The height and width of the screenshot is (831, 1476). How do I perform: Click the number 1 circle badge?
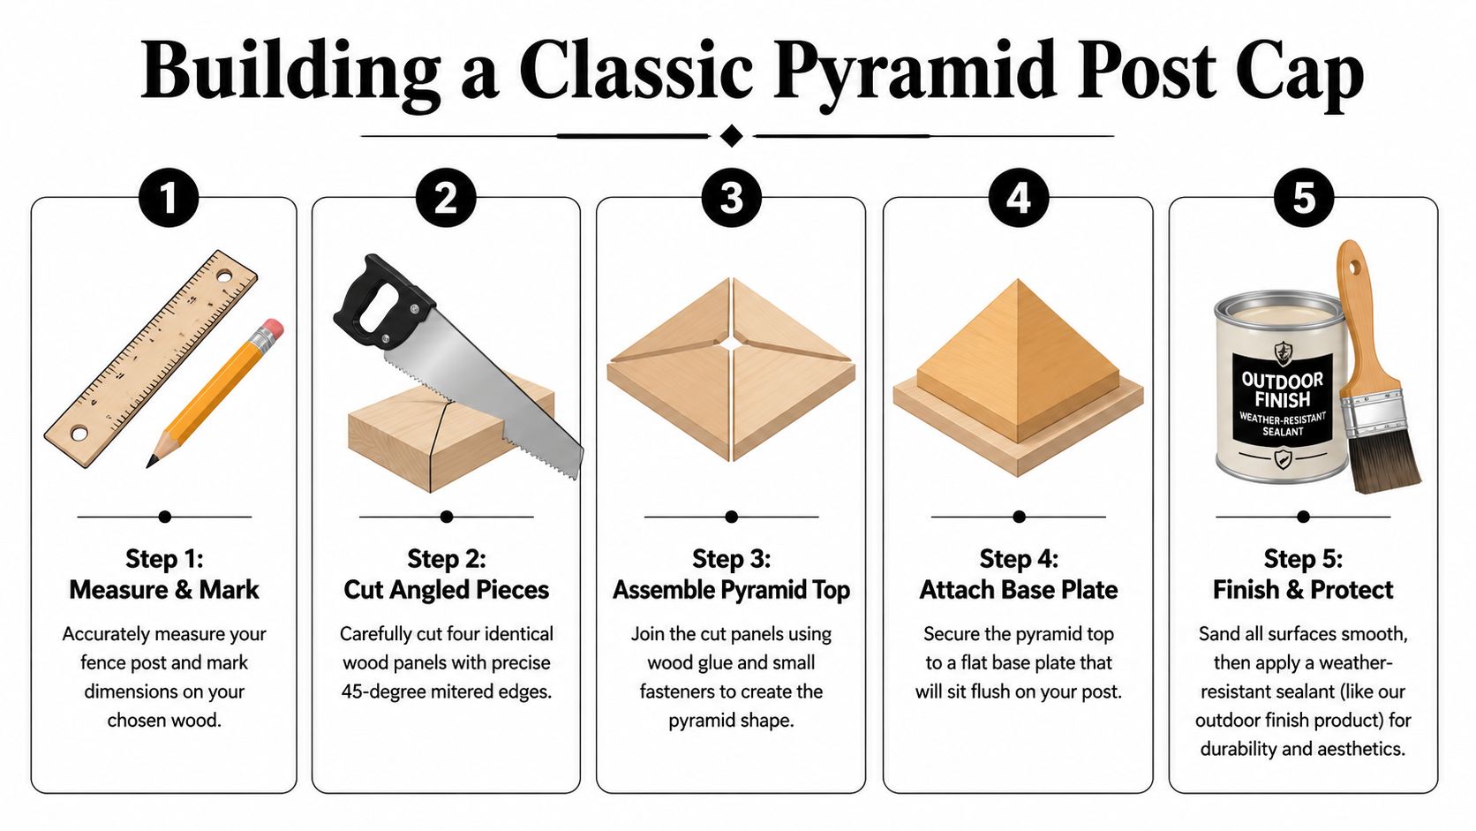click(x=168, y=198)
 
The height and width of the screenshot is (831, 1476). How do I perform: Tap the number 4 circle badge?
click(x=1018, y=198)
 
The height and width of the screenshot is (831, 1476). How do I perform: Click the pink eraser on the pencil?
click(x=273, y=329)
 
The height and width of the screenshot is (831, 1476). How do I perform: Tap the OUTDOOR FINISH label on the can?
click(x=1282, y=389)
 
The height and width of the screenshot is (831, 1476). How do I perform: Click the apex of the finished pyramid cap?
click(x=1018, y=282)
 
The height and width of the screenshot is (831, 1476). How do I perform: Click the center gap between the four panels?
click(x=731, y=343)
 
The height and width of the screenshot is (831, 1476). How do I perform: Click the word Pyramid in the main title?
click(x=916, y=71)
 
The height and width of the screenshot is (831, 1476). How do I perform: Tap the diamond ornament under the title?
click(x=731, y=136)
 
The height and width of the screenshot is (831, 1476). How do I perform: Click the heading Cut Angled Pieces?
click(x=446, y=590)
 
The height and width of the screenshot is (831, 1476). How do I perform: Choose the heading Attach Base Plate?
click(x=1018, y=590)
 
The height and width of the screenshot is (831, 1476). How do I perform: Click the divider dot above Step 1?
click(x=165, y=517)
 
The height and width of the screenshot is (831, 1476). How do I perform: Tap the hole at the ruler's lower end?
click(x=79, y=434)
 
